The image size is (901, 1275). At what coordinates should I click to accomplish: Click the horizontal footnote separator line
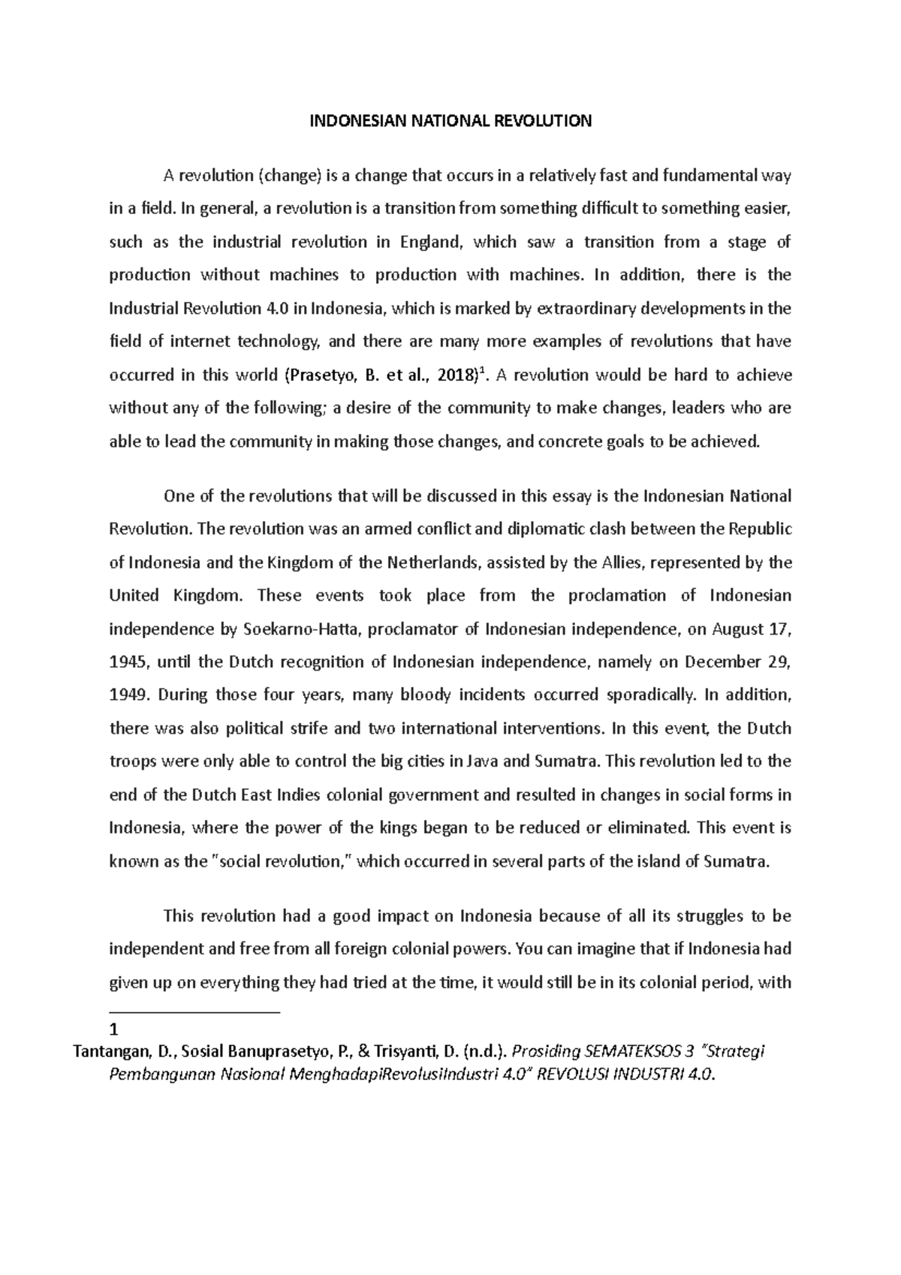(x=194, y=1012)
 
